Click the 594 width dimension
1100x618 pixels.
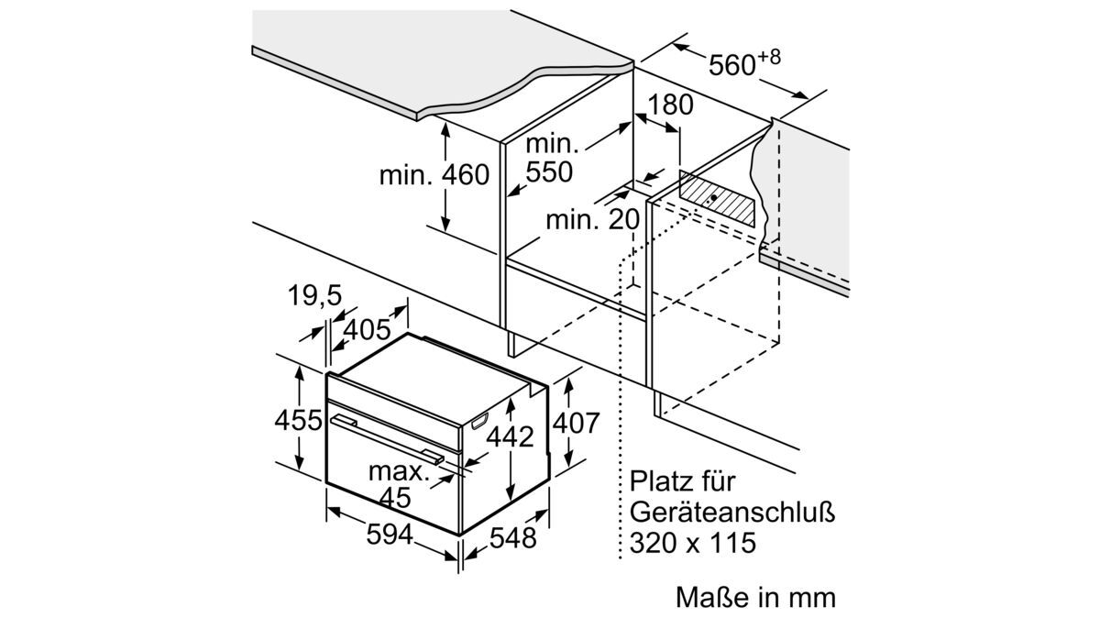pos(390,535)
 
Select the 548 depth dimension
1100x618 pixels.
pos(512,538)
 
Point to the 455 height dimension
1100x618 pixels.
pos(298,421)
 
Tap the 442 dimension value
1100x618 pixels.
pos(510,436)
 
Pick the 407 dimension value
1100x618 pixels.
pos(576,423)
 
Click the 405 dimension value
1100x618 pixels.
pos(367,329)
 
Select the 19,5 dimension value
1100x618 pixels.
pos(314,296)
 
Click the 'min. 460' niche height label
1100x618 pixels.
pos(434,175)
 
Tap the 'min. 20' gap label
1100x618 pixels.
pos(593,219)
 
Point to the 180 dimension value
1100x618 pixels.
pos(670,105)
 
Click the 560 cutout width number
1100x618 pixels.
pos(731,65)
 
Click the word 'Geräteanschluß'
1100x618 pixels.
pos(732,512)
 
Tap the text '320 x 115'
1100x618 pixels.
pos(693,543)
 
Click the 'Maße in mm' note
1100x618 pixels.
pos(755,597)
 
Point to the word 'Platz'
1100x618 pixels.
pos(659,481)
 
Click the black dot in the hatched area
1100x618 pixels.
pos(713,197)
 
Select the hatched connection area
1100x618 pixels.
pos(717,198)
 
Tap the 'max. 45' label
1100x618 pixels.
pos(397,484)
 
